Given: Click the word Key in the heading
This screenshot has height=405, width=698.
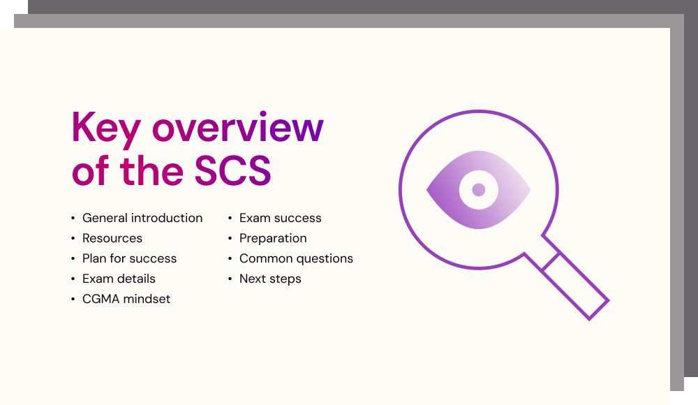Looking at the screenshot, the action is [106, 128].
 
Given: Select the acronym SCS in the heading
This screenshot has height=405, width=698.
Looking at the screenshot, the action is [233, 170].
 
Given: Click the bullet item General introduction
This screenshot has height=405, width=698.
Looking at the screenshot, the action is [142, 218].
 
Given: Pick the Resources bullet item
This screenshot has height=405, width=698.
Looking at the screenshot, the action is [112, 238].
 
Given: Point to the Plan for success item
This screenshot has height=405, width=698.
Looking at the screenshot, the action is [130, 258].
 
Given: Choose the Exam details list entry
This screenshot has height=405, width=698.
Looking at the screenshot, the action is [119, 279].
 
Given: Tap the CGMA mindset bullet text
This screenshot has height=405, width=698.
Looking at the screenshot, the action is [126, 299].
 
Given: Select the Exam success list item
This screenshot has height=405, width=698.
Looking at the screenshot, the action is [281, 218].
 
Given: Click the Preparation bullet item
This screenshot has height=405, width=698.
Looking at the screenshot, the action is [273, 239].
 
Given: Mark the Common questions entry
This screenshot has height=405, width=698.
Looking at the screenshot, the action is [296, 259].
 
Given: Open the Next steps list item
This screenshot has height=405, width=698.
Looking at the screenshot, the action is [270, 279].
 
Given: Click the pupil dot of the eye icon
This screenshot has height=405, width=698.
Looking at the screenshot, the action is [479, 190].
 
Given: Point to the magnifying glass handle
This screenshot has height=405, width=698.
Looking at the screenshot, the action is [575, 286].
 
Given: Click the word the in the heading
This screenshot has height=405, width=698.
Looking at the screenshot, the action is [151, 170].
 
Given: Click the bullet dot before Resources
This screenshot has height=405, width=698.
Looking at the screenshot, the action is [73, 239].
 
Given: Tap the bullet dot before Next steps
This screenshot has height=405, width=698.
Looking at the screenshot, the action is [230, 279].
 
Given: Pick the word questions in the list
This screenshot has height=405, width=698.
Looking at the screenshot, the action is [325, 259].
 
